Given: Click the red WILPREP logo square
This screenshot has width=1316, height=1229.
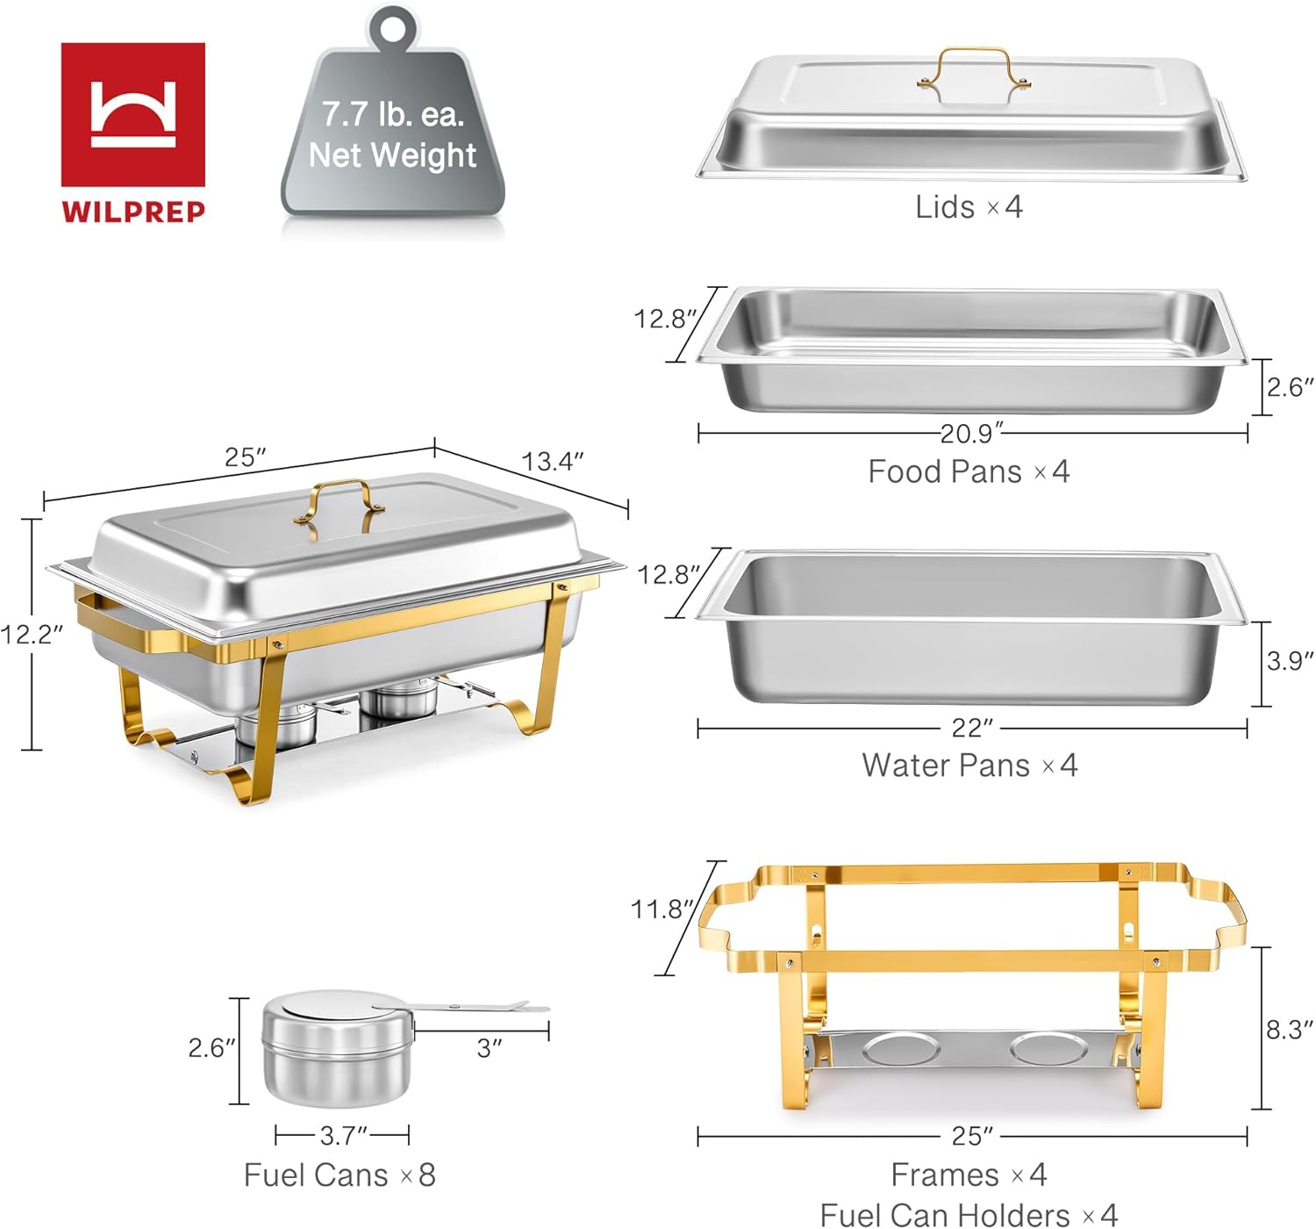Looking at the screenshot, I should point(132,114).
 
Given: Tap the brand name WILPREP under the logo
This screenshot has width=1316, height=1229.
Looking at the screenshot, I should point(132,212).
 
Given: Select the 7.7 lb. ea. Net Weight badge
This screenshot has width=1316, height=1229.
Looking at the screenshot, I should point(392,136).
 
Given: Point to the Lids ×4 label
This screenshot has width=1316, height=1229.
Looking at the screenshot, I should point(969,207).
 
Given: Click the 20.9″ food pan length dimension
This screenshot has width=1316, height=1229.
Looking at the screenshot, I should point(971,433).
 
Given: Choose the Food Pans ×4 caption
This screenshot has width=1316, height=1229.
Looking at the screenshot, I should point(969,471).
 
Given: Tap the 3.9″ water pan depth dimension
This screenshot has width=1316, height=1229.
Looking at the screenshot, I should point(1290,661).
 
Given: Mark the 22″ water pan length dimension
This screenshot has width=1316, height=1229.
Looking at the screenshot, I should point(972,728).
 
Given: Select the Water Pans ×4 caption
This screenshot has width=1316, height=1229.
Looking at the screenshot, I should point(969,765).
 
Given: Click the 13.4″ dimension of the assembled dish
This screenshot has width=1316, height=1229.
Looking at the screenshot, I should point(552,461).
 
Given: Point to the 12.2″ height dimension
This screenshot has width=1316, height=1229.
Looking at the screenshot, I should point(32,634).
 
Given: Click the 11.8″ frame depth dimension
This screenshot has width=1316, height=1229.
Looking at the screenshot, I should point(662,909).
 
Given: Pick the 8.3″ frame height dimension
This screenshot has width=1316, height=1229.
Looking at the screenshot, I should point(1289,1029).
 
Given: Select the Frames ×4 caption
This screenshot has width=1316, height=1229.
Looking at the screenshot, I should point(969,1174).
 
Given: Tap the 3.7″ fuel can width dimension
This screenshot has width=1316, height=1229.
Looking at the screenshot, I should point(343,1135).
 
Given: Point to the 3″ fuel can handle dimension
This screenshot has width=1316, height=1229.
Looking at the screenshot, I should point(489,1047).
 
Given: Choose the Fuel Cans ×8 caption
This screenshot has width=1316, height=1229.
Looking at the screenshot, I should point(340,1175).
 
